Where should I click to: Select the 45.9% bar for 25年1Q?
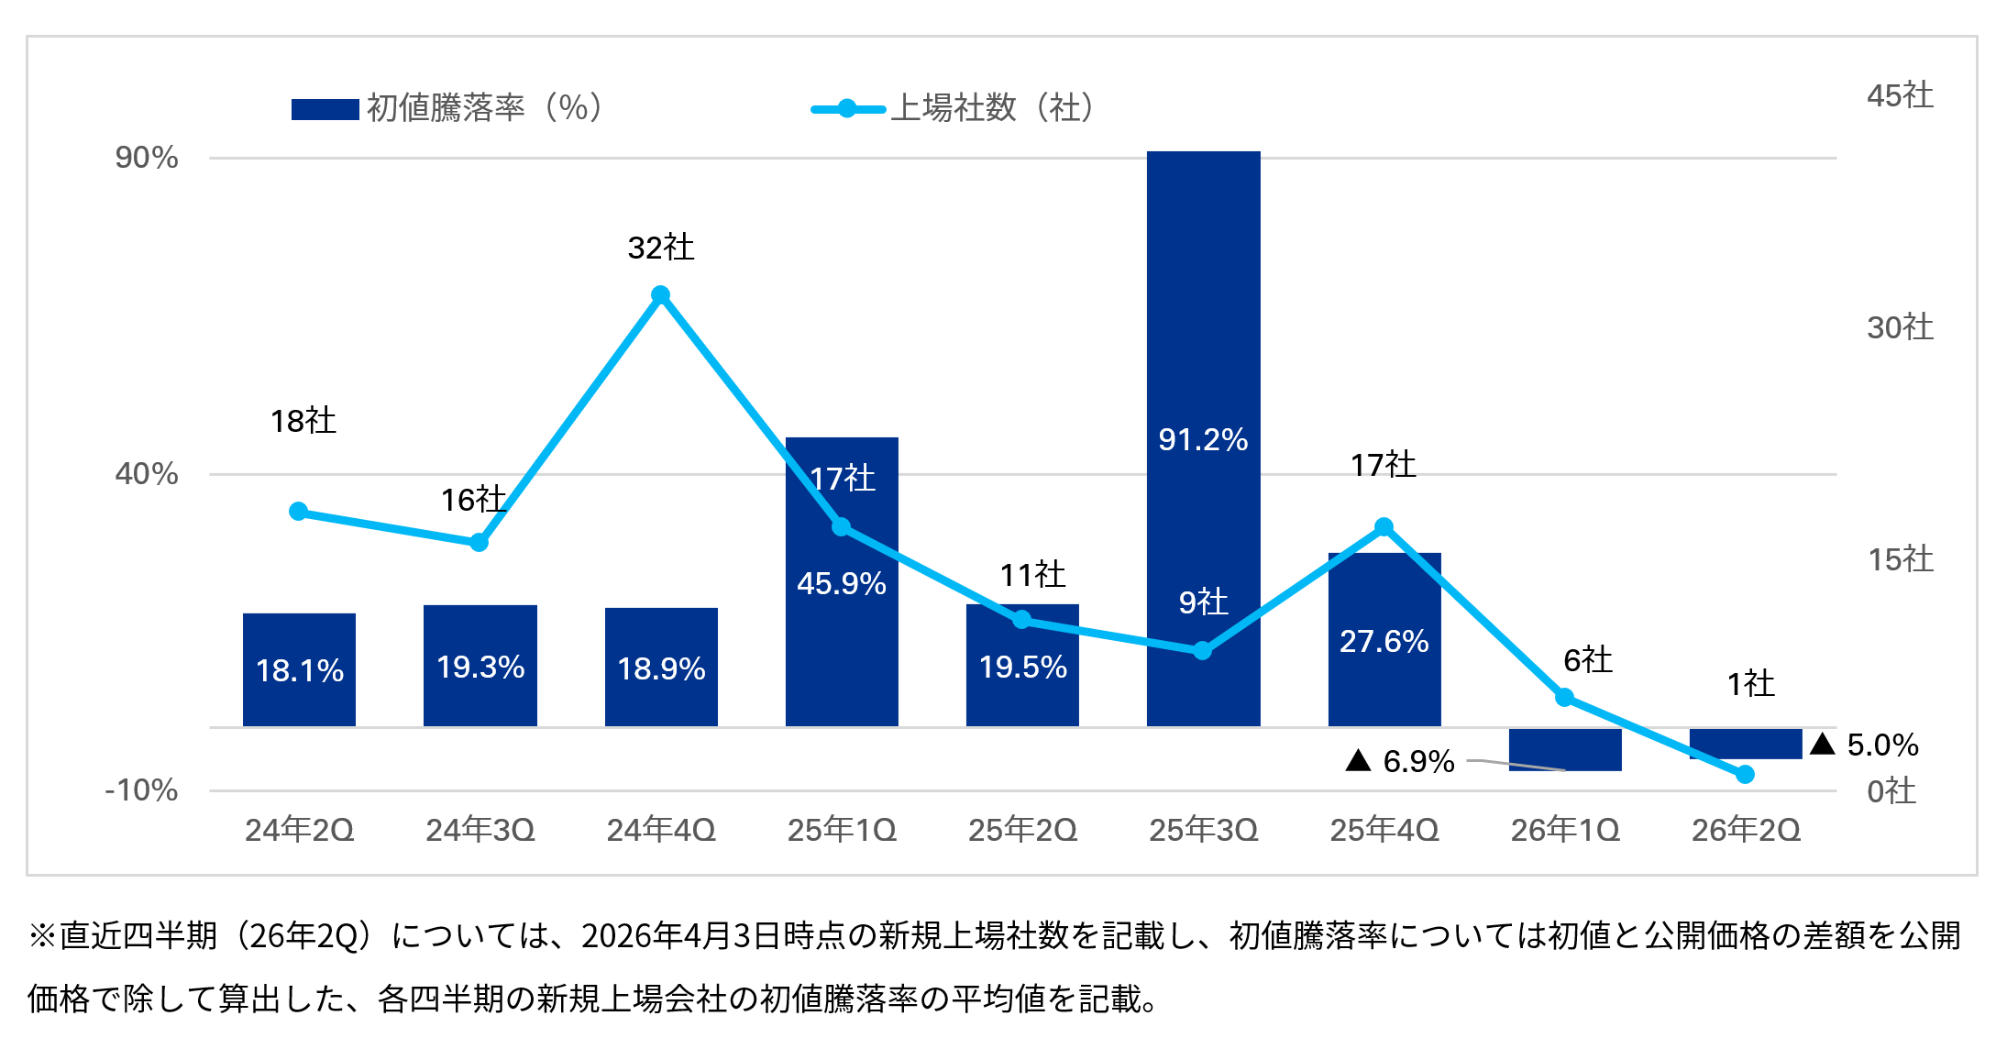842,642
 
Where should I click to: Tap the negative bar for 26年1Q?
1565,749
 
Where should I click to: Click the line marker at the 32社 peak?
660,295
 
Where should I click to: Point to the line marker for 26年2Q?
1745,775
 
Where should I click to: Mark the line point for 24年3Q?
480,543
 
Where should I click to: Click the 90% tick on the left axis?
147,158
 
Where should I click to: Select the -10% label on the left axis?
142,790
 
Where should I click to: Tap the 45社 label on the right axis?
1900,95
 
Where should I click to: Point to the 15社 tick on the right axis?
1900,559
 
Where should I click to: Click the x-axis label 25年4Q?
1384,830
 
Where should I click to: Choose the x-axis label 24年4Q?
660,830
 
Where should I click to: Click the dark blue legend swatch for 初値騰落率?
325,109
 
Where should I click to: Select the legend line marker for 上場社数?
847,109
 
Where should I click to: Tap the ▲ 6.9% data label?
1400,761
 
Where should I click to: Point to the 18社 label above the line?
303,421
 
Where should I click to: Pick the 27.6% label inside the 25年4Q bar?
1384,641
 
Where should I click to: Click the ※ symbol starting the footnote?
42,936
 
